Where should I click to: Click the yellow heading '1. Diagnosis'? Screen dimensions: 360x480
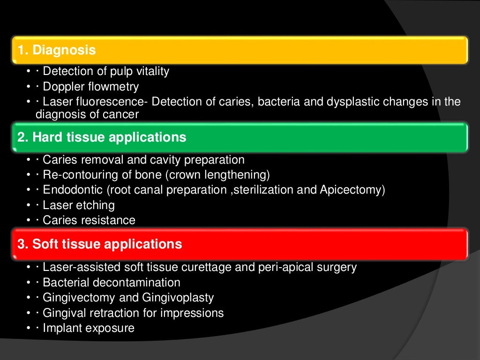tap(57, 50)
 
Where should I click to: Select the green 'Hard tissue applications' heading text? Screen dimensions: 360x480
tap(102, 137)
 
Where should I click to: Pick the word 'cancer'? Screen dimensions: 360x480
tap(122, 114)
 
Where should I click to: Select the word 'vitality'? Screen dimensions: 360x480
tap(151, 72)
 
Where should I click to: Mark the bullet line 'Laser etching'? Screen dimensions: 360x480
tap(78, 205)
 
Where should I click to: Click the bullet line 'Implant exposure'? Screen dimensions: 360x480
tap(89, 328)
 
